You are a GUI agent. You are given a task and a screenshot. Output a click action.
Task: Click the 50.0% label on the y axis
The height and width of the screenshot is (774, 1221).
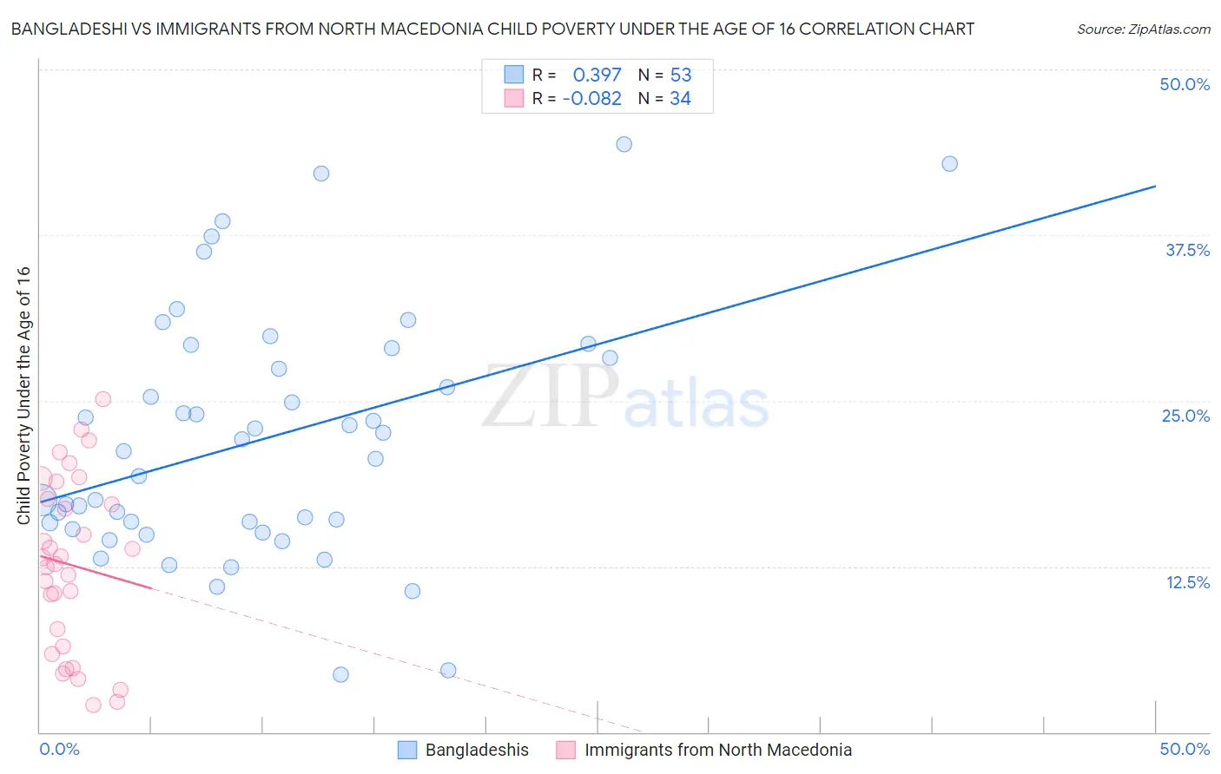1185,84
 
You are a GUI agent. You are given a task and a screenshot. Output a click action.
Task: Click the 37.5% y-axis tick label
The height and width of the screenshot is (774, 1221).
1187,250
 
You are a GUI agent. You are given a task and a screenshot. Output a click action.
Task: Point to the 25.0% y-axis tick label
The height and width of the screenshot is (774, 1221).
1185,416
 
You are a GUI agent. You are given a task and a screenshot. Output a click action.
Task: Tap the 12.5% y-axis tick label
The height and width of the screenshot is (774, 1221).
1187,582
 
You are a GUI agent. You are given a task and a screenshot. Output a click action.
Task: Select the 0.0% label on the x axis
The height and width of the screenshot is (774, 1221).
59,749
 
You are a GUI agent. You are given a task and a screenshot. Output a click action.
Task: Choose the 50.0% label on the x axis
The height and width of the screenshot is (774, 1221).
1185,749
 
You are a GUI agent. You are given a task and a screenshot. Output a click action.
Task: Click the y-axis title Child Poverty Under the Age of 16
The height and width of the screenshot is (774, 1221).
23,395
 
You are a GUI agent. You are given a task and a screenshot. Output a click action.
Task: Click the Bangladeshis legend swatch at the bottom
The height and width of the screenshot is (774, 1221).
407,750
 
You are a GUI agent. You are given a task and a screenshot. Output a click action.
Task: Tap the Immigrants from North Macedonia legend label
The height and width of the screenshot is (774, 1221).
717,750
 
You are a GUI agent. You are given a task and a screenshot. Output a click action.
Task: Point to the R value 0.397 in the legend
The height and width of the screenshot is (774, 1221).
597,75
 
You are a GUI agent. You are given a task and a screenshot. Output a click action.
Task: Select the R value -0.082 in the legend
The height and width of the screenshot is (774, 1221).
591,98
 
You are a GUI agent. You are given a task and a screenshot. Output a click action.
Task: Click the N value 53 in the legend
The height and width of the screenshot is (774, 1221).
681,75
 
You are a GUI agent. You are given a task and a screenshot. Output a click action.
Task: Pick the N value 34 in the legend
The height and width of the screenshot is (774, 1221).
680,98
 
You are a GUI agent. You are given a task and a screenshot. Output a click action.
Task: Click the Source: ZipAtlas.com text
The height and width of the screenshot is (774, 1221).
1143,29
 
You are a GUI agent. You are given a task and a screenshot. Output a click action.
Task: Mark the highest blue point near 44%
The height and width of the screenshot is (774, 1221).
624,144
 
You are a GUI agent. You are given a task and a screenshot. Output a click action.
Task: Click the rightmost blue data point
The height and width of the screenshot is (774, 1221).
949,164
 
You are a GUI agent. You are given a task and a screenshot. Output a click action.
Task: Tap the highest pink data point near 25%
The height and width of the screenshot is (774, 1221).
102,399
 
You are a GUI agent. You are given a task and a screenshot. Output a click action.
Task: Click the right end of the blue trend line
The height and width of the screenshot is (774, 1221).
1155,186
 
